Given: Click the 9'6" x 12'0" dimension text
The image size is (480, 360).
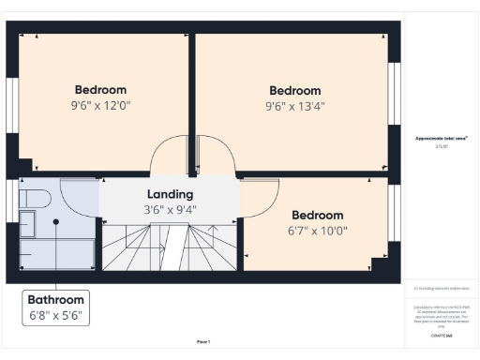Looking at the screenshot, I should click(99, 106).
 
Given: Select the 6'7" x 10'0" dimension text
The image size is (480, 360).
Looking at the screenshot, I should click(317, 231).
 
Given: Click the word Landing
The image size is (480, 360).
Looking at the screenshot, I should click(170, 194).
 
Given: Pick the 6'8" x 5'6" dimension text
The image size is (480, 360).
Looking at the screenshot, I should click(57, 317).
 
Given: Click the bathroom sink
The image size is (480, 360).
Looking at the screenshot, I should click(27, 225).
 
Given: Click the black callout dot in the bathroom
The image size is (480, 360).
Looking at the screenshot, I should click(56, 221).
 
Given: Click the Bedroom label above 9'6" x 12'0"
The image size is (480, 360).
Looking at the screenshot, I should click(99, 90).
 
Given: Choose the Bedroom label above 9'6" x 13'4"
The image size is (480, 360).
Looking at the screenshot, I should click(294, 90).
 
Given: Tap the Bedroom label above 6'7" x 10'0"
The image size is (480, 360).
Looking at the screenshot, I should click(317, 215).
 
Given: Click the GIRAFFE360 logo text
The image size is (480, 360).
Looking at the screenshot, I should click(442, 335).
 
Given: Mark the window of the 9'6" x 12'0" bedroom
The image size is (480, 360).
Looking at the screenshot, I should click(13, 98).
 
